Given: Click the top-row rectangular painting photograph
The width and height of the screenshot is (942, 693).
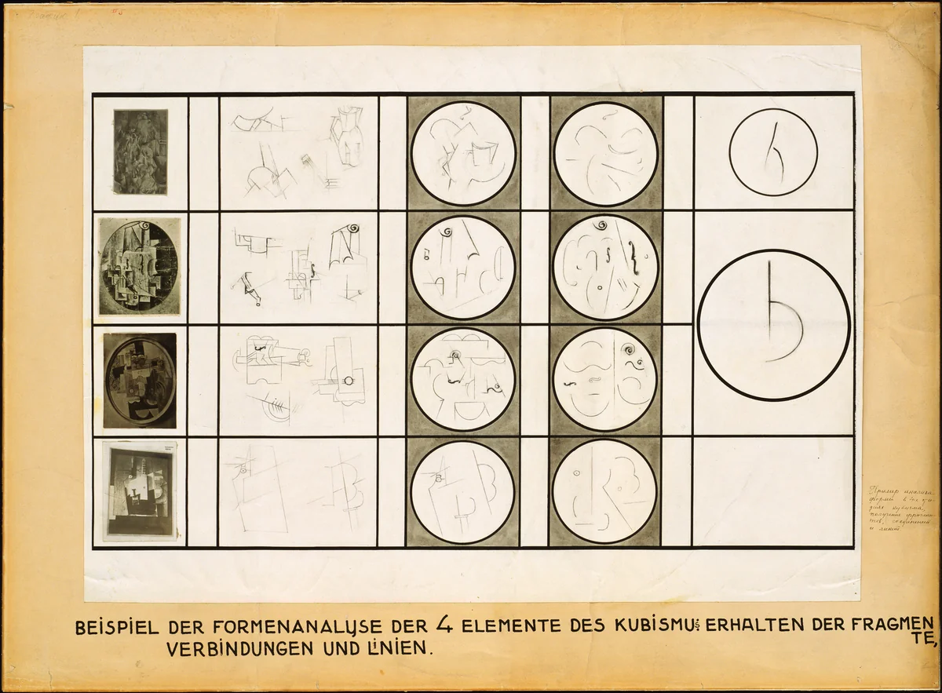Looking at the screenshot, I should click(x=141, y=151).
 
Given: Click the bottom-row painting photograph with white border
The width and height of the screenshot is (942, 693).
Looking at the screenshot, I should click(x=141, y=492).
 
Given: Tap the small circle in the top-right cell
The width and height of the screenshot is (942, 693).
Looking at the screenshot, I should click(x=773, y=151).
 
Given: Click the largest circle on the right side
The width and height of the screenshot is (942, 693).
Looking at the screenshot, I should click(x=774, y=324).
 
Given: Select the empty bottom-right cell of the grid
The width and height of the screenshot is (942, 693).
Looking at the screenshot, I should click(x=773, y=491).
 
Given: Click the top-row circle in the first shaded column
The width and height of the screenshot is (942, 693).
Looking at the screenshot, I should click(x=463, y=153).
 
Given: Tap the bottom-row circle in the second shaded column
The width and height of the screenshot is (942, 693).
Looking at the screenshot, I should click(x=604, y=491).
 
